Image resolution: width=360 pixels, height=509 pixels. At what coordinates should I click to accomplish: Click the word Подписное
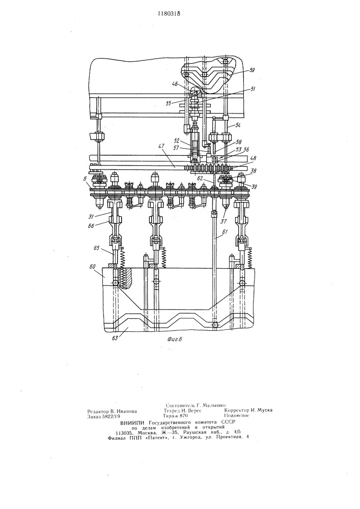point(237,415)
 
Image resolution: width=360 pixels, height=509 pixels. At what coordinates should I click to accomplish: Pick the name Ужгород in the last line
point(190,437)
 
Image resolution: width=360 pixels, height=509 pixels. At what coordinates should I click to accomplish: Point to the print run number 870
point(183,416)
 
